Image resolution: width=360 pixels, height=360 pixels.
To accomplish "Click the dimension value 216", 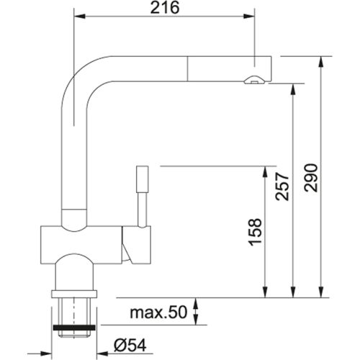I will (x=165, y=8).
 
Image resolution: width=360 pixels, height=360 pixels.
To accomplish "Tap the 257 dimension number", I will (x=284, y=188).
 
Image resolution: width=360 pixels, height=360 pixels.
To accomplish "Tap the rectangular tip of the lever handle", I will (x=141, y=178).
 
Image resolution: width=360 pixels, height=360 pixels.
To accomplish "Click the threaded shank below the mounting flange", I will (x=74, y=310).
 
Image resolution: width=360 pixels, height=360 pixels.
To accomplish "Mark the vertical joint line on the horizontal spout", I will (x=186, y=68).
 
